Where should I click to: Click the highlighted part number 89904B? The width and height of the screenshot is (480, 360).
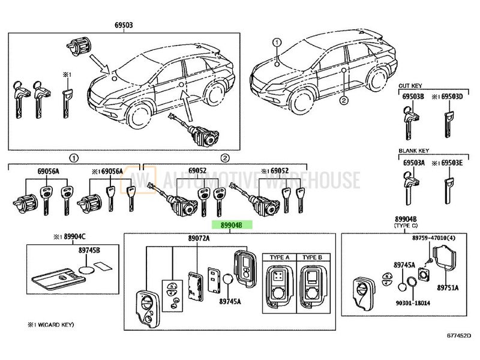pyautogui.click(x=231, y=225)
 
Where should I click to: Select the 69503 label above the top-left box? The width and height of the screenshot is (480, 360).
pyautogui.click(x=124, y=25)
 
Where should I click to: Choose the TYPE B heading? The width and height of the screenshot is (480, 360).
pyautogui.click(x=313, y=257)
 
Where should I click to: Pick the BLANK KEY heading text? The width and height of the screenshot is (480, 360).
pyautogui.click(x=413, y=152)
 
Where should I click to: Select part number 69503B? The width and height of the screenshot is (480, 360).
pyautogui.click(x=413, y=96)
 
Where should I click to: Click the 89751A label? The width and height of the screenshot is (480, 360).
pyautogui.click(x=448, y=289)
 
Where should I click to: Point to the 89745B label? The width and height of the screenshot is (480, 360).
pyautogui.click(x=90, y=248)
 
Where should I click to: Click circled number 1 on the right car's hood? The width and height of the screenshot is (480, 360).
pyautogui.click(x=277, y=43)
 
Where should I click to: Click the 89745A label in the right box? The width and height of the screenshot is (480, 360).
pyautogui.click(x=404, y=265)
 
